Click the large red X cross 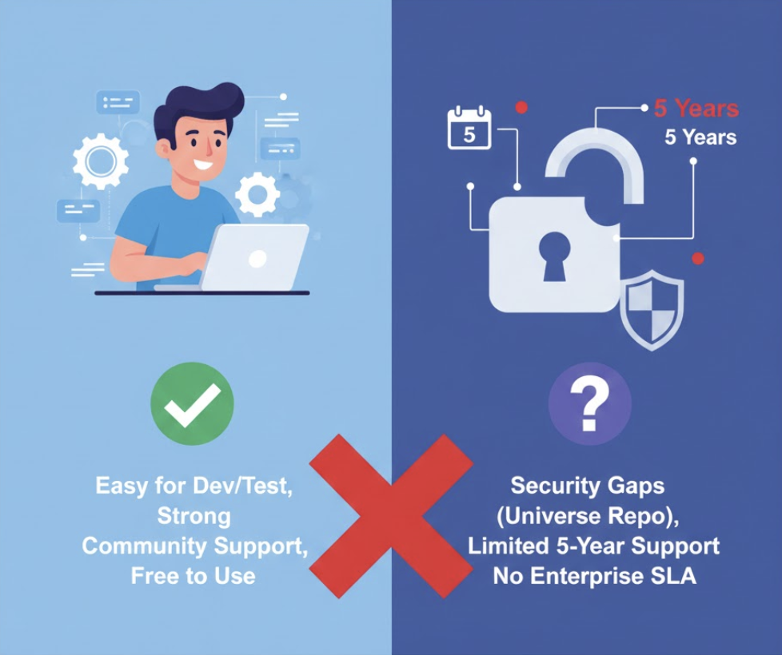pos(391,515)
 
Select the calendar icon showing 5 pos(469,129)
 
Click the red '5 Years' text pos(696,109)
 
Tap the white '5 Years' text pos(700,137)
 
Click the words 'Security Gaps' pos(588,486)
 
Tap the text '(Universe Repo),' pos(588,516)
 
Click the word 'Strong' pos(194,516)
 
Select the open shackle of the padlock pos(596,156)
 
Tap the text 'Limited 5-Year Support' pos(594,546)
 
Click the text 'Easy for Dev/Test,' pos(194,486)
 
